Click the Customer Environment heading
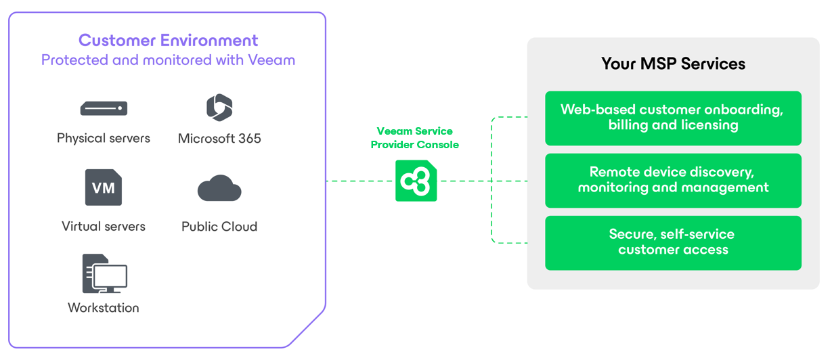tap(168, 40)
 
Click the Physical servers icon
tap(104, 108)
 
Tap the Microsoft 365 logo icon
tap(219, 108)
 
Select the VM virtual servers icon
tap(104, 187)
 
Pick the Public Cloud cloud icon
tap(219, 189)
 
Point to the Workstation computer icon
tap(104, 274)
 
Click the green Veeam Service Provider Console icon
tap(416, 181)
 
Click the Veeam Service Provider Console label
tap(414, 138)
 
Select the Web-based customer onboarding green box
tap(672, 118)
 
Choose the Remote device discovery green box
tap(672, 180)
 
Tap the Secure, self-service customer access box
tap(672, 242)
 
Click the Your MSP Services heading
tap(673, 64)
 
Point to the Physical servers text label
tap(104, 138)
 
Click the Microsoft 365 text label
tap(219, 139)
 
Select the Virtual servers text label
tap(104, 226)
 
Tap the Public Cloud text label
tap(219, 227)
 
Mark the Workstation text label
tap(104, 308)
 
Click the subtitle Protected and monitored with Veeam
tap(168, 60)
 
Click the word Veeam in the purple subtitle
tap(271, 60)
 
